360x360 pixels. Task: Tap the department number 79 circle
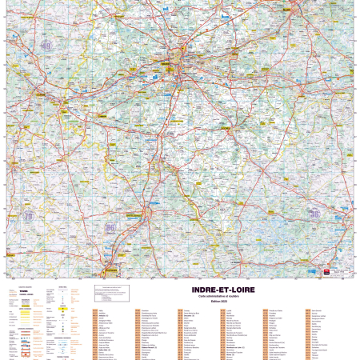(29, 216)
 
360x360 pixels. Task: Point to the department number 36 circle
(314, 214)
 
